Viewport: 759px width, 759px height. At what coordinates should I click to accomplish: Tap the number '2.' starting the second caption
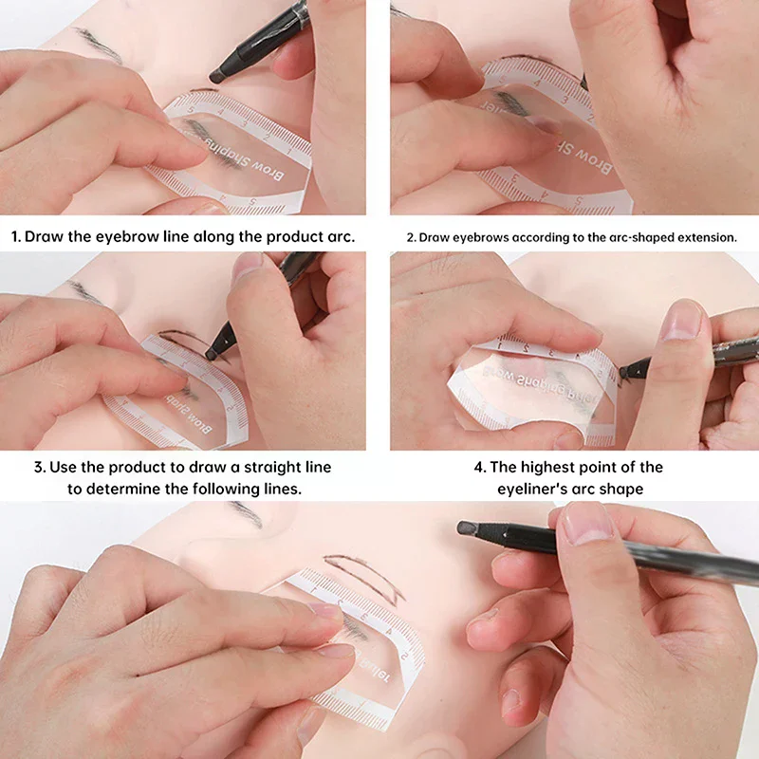point(412,237)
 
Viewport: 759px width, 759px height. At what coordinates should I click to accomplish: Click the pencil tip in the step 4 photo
point(624,372)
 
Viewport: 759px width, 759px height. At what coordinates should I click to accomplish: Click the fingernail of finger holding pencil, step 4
point(680,321)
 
